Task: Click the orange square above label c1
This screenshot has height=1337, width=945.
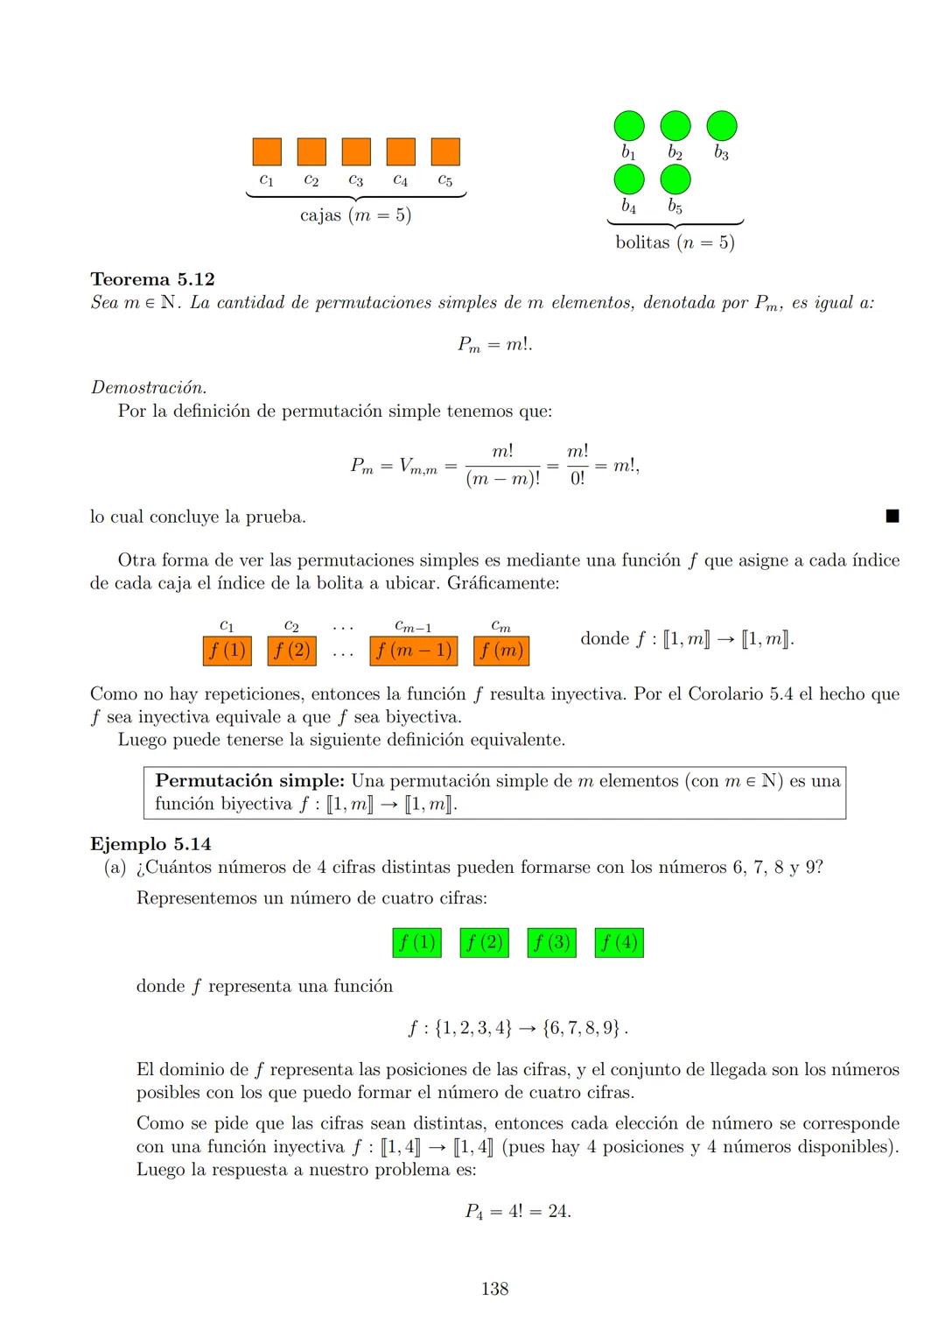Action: tap(267, 151)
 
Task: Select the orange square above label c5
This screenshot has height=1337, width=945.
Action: tap(445, 151)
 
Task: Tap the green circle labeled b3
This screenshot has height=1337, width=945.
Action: tap(722, 126)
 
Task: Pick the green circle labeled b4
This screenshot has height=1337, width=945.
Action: tap(628, 179)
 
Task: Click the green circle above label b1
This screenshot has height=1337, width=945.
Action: tap(628, 126)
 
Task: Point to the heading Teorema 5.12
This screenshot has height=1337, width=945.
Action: tap(152, 279)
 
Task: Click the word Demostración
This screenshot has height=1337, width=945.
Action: tap(149, 387)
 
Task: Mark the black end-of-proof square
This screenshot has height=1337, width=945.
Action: tap(892, 517)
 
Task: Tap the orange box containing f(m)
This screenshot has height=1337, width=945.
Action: tap(501, 651)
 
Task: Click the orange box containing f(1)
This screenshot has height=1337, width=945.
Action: tap(227, 651)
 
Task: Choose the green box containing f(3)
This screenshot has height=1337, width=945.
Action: tap(552, 943)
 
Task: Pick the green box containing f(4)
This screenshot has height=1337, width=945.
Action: tap(619, 943)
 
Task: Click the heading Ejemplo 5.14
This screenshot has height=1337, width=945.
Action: tap(150, 844)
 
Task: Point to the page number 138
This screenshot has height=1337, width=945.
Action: tap(494, 1288)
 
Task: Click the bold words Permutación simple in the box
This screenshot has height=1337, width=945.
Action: tap(249, 781)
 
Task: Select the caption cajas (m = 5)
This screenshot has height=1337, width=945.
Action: tap(355, 215)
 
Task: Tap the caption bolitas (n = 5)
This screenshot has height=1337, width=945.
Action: tap(675, 243)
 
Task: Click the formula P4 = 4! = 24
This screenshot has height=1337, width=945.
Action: tap(518, 1212)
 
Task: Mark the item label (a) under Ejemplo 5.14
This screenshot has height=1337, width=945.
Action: tap(115, 868)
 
